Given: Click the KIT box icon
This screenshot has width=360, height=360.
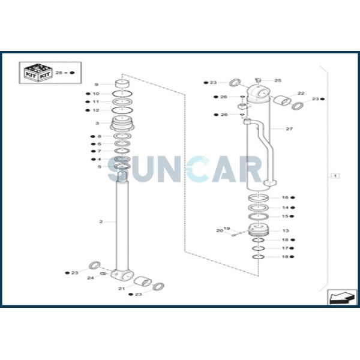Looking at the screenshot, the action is (38, 73).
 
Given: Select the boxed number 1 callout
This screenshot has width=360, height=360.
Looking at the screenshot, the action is (335, 176).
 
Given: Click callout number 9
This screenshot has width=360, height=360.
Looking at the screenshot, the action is (97, 85).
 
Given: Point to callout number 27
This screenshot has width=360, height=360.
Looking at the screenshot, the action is (289, 129).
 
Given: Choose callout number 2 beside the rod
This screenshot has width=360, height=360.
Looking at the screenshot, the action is (101, 222).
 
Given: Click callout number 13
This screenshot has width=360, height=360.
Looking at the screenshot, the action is (286, 231).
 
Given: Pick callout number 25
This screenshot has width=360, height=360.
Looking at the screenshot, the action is (278, 80).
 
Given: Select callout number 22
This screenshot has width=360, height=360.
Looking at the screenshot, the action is (301, 93).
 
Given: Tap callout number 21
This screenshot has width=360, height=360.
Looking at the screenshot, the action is (121, 289).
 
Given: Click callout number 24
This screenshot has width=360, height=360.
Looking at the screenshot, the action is (91, 278).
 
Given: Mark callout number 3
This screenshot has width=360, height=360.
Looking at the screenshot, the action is (97, 123).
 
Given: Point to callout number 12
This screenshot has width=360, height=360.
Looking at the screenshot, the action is (96, 110).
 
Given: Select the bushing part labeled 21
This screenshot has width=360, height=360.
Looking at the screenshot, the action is (143, 281).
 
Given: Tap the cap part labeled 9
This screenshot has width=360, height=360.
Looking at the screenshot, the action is (122, 83).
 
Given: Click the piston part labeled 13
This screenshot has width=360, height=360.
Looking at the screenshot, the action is (259, 230).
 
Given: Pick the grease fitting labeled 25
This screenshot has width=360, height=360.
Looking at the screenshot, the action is (258, 80).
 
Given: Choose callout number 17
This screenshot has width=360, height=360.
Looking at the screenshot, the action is (285, 248).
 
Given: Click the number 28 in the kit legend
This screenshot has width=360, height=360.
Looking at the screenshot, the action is (59, 73).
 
